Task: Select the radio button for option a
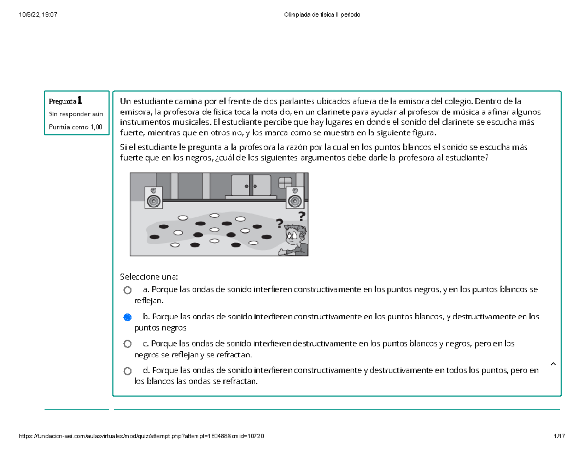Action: pyautogui.click(x=127, y=290)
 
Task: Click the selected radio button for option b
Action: pyautogui.click(x=127, y=317)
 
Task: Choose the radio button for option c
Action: pyautogui.click(x=127, y=344)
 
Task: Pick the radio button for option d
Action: pyautogui.click(x=127, y=371)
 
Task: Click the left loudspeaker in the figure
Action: pyautogui.click(x=153, y=198)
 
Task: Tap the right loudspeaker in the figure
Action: pyautogui.click(x=293, y=198)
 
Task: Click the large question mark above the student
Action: pyautogui.click(x=302, y=216)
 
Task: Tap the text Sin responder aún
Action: pyautogui.click(x=76, y=114)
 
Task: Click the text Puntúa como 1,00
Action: pyautogui.click(x=76, y=127)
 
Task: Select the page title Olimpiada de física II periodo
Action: pyautogui.click(x=322, y=15)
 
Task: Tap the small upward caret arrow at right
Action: pyautogui.click(x=552, y=364)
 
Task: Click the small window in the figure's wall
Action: pyautogui.click(x=285, y=182)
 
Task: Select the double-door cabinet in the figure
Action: pyautogui.click(x=251, y=186)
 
